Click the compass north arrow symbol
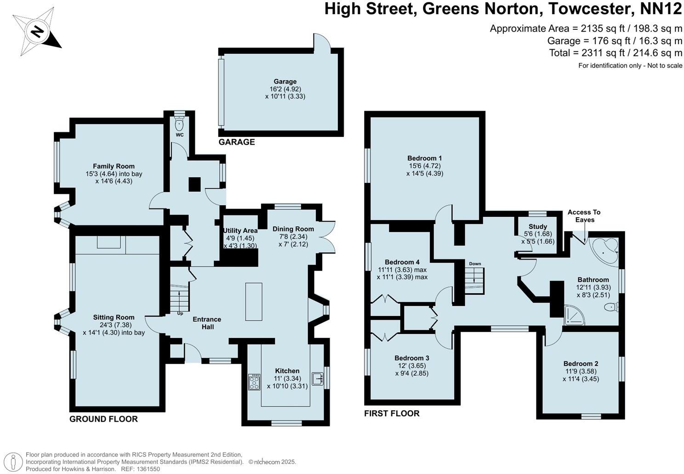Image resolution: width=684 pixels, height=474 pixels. [x=37, y=32]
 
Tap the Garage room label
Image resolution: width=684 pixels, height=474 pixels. [x=285, y=82]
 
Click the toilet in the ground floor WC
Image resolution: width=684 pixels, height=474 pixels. [x=179, y=124]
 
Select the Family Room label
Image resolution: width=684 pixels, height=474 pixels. [x=114, y=166]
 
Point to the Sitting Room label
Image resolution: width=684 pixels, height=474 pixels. [x=114, y=317]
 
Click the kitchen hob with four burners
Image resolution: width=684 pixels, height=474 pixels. [x=254, y=382]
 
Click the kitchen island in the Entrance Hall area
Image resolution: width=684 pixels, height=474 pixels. [x=254, y=302]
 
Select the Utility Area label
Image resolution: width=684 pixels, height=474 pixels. [x=240, y=231]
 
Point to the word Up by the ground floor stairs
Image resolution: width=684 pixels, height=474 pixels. [x=180, y=314]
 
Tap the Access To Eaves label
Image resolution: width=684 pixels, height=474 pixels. [x=584, y=216]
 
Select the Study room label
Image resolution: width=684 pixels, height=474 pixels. [x=538, y=226]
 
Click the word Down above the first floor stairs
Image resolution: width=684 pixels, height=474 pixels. [x=475, y=264]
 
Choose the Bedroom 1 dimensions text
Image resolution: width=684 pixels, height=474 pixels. [x=424, y=169]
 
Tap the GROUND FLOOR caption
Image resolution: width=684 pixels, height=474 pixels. [x=103, y=419]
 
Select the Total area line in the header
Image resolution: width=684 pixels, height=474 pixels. [x=616, y=53]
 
